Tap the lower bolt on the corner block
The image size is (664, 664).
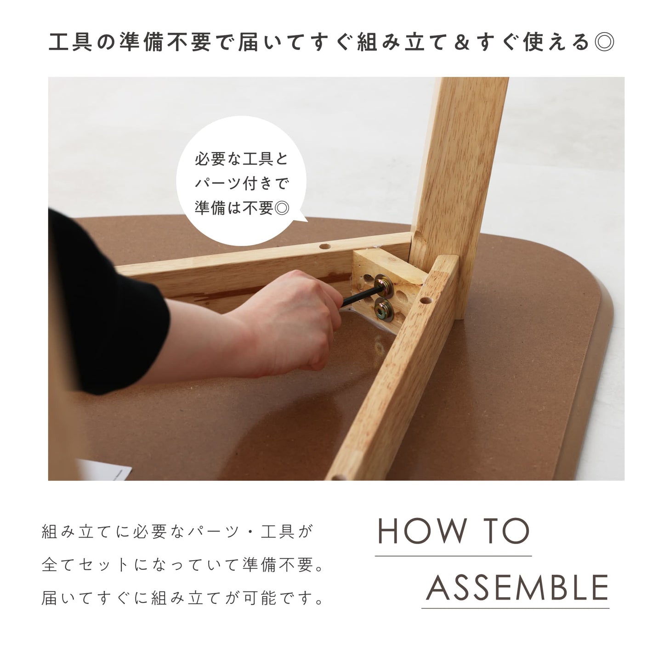pos(383,312)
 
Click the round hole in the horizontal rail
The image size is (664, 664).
pos(324,246)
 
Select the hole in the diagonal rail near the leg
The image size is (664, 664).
pos(426,301)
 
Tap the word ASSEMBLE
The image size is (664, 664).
pos(517,588)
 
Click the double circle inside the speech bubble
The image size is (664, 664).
pos(282,207)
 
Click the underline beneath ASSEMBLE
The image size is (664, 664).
pos(516,609)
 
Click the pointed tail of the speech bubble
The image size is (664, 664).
pos(303,218)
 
